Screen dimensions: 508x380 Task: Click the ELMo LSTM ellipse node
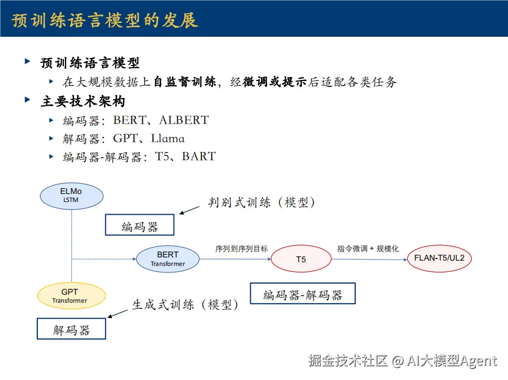[71, 195]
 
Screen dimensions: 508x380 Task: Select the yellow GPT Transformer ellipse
[71, 296]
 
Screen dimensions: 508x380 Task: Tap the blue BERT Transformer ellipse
[168, 258]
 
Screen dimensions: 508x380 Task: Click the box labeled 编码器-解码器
[302, 294]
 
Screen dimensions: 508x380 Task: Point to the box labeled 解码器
[71, 329]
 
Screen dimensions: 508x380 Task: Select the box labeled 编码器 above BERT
[140, 225]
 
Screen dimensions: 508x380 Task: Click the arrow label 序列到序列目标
[241, 249]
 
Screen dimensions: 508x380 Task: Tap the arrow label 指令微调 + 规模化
[368, 249]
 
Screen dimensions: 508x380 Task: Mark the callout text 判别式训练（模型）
[261, 203]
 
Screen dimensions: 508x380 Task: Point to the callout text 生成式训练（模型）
[184, 305]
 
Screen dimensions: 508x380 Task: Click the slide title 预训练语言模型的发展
[105, 20]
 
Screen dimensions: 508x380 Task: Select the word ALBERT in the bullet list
[184, 120]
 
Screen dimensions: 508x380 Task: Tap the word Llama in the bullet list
[168, 139]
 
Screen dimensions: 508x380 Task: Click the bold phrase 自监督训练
[184, 82]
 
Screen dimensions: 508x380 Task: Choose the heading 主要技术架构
[83, 101]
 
